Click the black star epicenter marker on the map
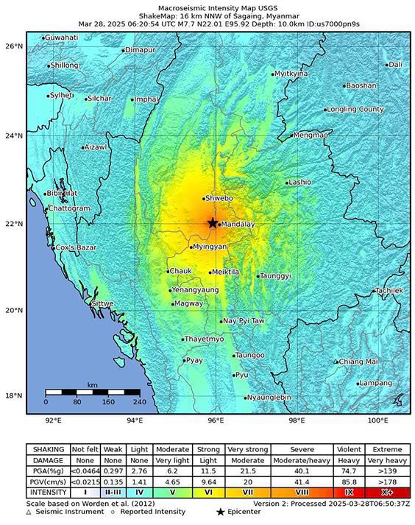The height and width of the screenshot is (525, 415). click(213, 223)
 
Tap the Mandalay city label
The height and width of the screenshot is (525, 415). click(238, 224)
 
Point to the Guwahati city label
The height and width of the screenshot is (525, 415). click(63, 37)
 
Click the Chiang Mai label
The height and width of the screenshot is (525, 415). click(358, 362)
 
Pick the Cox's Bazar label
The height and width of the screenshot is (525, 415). click(76, 247)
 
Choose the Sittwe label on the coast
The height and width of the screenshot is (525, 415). click(103, 303)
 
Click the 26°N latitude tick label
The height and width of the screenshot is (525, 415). click(13, 46)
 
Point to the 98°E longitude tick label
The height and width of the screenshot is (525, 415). click(297, 420)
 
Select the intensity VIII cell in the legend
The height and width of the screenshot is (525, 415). click(302, 492)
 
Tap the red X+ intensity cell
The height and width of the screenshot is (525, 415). click(387, 492)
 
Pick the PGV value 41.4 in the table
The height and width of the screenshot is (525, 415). click(302, 481)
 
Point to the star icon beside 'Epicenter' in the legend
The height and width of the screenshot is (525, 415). click(220, 510)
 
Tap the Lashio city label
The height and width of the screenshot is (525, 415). click(299, 182)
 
